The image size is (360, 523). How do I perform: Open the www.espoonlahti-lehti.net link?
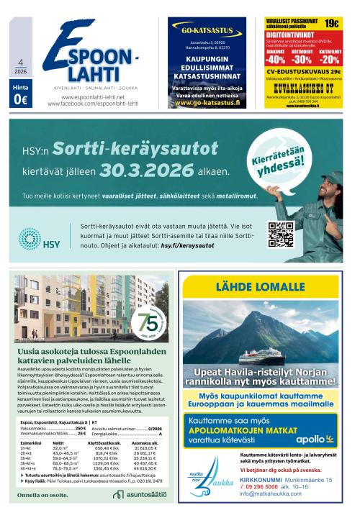(91, 97)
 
